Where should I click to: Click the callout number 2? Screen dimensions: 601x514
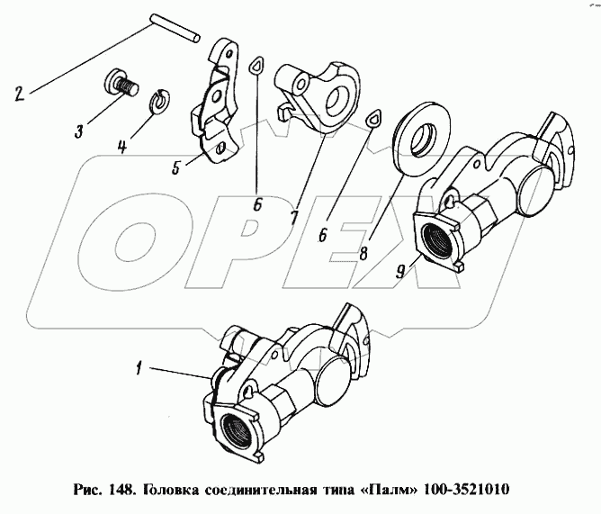point(20,94)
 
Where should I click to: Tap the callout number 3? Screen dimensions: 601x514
point(78,131)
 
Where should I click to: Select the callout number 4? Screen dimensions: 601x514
point(121,147)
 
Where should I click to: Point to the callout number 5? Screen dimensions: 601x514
point(176,167)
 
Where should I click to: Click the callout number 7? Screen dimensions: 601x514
point(293,218)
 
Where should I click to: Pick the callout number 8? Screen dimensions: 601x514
point(363,253)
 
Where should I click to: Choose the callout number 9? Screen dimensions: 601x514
point(399,272)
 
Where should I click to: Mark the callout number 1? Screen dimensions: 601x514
point(139,368)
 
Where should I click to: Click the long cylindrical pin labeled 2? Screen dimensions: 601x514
point(175,29)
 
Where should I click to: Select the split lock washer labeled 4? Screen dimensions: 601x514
point(159,101)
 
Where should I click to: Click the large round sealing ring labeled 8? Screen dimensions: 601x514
point(422,138)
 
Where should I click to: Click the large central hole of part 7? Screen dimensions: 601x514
point(338,98)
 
